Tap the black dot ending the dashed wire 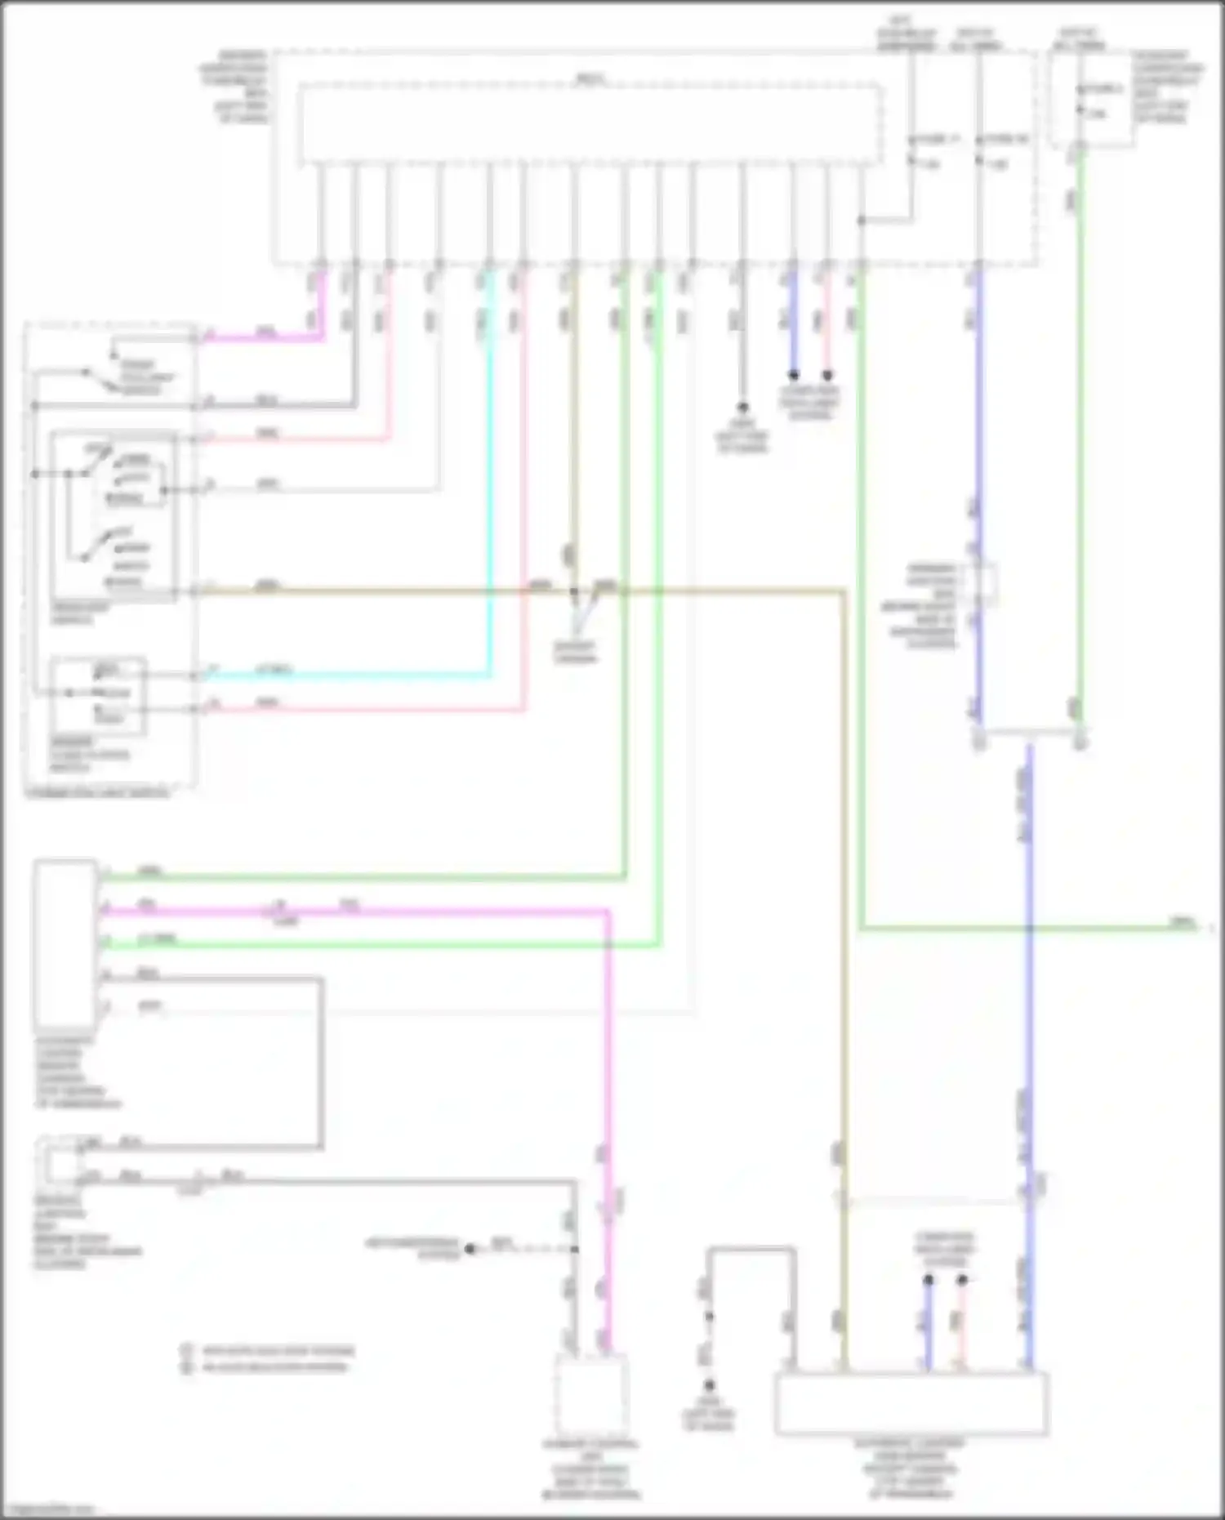click(x=470, y=1249)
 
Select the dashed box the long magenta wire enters click(x=591, y=1397)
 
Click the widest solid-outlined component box click(x=911, y=1404)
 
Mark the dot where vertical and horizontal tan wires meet click(x=574, y=591)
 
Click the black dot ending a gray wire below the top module click(x=742, y=407)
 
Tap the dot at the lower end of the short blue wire click(x=793, y=376)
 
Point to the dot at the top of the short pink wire click(x=962, y=1281)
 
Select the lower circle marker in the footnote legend click(x=187, y=1366)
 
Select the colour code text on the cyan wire click(x=274, y=671)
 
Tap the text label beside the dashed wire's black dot click(x=412, y=1249)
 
